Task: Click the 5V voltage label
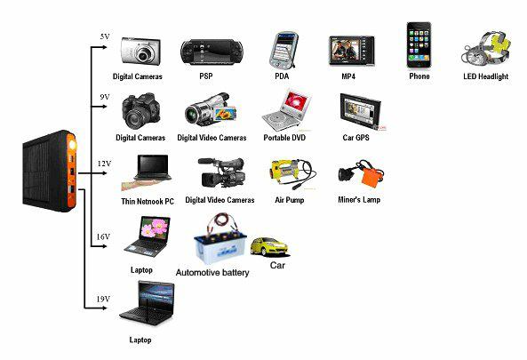pyautogui.click(x=105, y=36)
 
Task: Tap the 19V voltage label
pyautogui.click(x=103, y=299)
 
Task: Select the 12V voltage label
pyautogui.click(x=104, y=164)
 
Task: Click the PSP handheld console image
pyautogui.click(x=212, y=52)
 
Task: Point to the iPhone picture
pyautogui.click(x=419, y=45)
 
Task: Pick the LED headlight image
pyautogui.click(x=485, y=48)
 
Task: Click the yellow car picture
pyautogui.click(x=269, y=247)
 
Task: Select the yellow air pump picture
pyautogui.click(x=291, y=174)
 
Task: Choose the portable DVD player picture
pyautogui.click(x=286, y=110)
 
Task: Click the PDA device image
pyautogui.click(x=283, y=51)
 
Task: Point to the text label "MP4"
pyautogui.click(x=348, y=76)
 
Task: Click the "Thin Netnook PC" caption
pyautogui.click(x=148, y=202)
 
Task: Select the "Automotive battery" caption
pyautogui.click(x=212, y=272)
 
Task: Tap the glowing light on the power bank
pyautogui.click(x=72, y=145)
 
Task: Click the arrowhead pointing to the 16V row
pyautogui.click(x=104, y=246)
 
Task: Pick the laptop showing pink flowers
pyautogui.click(x=148, y=236)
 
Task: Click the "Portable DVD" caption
pyautogui.click(x=284, y=138)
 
